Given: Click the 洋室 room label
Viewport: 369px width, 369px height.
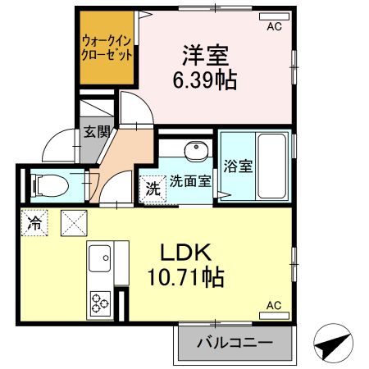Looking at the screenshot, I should pyautogui.click(x=205, y=57).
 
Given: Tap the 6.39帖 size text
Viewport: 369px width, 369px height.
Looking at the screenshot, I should pyautogui.click(x=205, y=81).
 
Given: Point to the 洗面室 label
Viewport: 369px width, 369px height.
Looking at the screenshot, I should pyautogui.click(x=190, y=181).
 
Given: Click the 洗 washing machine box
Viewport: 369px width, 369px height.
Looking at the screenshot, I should pyautogui.click(x=153, y=188).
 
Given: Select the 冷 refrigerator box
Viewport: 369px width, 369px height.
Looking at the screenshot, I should pyautogui.click(x=35, y=221).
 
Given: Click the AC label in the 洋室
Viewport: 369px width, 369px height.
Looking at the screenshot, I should pyautogui.click(x=274, y=25).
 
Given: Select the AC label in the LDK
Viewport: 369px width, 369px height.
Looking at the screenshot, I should pyautogui.click(x=274, y=305).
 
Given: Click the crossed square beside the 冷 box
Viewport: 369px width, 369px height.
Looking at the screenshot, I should pyautogui.click(x=73, y=221).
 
